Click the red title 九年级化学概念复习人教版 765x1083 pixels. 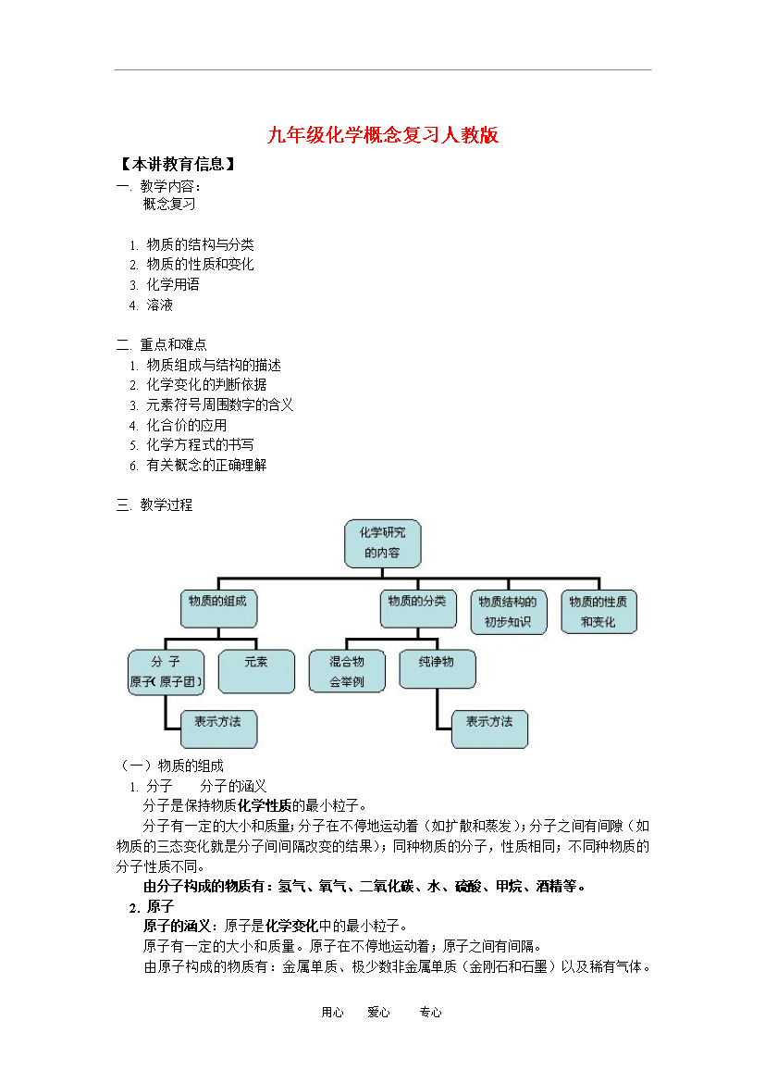383,135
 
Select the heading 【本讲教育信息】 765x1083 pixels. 178,165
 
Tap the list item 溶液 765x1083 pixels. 159,305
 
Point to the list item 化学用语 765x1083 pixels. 173,284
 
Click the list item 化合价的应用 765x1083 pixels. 187,426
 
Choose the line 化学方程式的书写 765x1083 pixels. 200,445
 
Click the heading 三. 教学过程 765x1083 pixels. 154,504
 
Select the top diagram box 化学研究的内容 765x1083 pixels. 383,543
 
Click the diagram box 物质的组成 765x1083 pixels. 218,608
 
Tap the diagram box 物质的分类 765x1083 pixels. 418,608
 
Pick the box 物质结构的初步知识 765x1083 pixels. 508,612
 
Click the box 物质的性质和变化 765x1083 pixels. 598,612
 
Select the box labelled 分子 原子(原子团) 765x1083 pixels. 166,672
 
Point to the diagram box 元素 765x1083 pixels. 256,671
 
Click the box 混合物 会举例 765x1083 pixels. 347,671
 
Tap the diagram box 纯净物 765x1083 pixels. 437,669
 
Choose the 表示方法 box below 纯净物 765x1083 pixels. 489,729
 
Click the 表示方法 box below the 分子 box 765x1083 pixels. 218,729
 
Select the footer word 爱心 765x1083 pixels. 378,1013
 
